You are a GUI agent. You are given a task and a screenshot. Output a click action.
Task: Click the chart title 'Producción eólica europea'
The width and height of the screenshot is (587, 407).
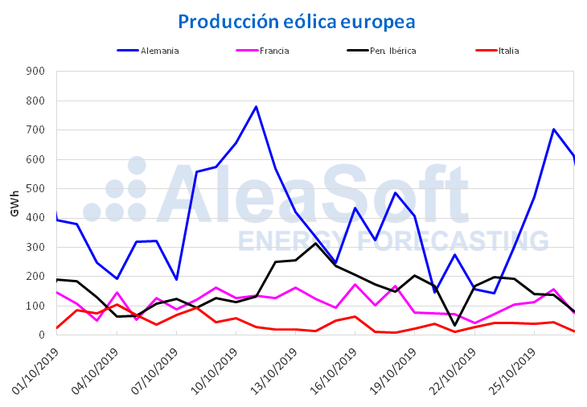tap(297, 21)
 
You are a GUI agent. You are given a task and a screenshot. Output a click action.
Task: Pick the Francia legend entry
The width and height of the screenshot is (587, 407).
tap(274, 51)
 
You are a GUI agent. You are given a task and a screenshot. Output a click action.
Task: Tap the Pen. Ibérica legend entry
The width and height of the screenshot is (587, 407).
tap(392, 51)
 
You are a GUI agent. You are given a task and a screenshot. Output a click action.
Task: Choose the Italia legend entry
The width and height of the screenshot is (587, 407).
tap(508, 51)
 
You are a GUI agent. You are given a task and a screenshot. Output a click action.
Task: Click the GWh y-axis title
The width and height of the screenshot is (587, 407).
tap(14, 203)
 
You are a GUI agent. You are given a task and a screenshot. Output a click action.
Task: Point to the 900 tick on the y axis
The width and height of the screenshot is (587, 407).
tap(35, 71)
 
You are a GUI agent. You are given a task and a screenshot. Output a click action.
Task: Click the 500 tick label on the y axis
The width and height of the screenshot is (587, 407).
tap(35, 188)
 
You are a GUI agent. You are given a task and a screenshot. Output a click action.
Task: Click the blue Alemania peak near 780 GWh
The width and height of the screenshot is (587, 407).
tap(256, 106)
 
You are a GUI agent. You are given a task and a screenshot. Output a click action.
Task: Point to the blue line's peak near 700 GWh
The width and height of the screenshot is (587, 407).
tap(554, 129)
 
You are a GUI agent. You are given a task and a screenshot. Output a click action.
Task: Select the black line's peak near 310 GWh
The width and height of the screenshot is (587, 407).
tap(316, 243)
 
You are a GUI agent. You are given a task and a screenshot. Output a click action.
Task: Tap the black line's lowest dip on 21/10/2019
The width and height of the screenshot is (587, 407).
tap(454, 325)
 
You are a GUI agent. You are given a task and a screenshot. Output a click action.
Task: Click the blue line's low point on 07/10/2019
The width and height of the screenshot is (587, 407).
tap(176, 279)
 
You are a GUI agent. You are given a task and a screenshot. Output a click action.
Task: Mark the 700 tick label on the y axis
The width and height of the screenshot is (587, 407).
tap(35, 129)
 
